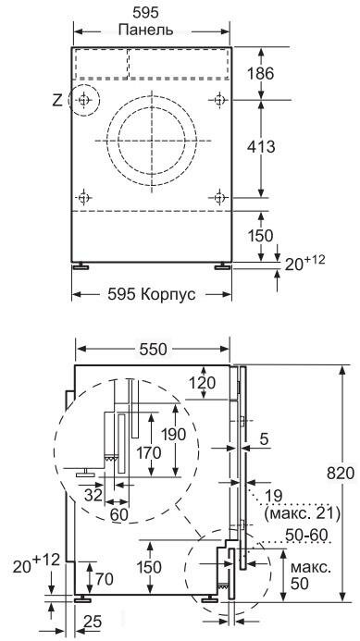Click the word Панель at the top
145,30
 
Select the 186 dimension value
261,74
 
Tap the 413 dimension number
261,147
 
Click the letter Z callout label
57,100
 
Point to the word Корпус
168,294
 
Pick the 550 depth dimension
154,349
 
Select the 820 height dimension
341,474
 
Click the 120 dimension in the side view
202,383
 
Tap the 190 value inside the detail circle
173,434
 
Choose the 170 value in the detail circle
148,453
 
